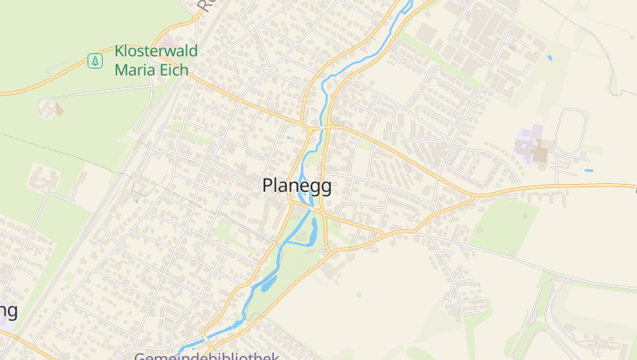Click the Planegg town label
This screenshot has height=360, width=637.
click(297, 186)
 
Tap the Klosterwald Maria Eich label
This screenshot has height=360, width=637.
click(155, 61)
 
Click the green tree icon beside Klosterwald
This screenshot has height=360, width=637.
click(95, 61)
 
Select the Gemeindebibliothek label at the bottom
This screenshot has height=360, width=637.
click(206, 356)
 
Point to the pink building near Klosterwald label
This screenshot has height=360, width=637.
click(170, 39)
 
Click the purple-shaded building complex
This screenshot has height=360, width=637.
click(528, 143)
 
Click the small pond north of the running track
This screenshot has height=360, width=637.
click(549, 57)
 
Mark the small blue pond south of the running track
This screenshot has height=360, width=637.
click(588, 170)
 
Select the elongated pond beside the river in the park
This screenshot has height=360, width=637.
click(268, 281)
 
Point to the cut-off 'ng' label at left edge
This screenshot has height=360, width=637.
click(8, 311)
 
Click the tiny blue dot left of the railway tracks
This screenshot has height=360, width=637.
click(136, 201)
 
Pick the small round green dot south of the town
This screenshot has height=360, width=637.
click(358, 295)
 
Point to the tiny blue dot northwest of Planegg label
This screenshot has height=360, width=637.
click(288, 137)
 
